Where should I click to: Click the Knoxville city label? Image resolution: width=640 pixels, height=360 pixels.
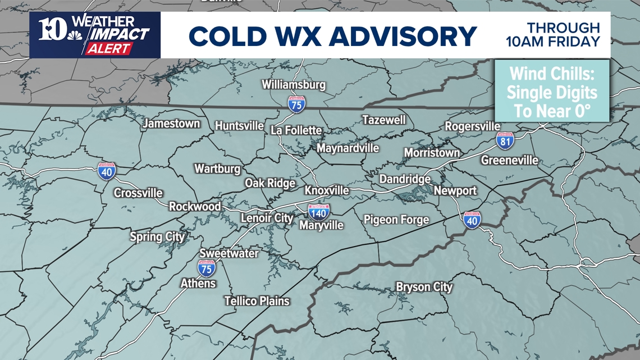coord(326,191)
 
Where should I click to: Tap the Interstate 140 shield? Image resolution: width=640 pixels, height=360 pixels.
coord(318,212)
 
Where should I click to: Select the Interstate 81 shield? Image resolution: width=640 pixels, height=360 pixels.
coord(505,140)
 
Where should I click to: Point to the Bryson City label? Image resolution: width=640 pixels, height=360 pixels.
coord(424,287)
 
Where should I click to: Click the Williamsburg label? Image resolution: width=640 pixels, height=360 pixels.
coord(294,85)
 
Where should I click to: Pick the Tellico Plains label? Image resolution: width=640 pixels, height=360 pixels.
coord(257,301)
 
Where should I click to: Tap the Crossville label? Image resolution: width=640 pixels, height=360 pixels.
coord(138,193)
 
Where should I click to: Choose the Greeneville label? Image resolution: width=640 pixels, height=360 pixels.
coord(509,161)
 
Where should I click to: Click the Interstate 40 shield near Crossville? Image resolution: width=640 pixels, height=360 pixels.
coord(107,171)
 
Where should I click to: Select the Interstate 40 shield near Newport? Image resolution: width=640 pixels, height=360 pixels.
coord(472,220)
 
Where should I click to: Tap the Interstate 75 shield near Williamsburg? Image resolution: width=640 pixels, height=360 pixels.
coord(296,104)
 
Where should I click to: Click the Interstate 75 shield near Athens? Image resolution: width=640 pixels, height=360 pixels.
coord(206,268)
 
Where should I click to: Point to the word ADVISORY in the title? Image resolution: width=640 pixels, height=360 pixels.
coord(402,37)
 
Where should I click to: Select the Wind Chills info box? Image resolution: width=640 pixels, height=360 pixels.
coord(552,92)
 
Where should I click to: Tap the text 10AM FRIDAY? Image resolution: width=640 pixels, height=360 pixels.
coord(552,42)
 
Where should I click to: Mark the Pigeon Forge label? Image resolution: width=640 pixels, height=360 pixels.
coord(396,220)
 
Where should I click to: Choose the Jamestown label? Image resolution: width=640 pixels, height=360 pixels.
coord(171,124)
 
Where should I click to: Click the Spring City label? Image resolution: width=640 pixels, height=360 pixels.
coord(157,236)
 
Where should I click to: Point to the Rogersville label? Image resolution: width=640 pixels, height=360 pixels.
coord(472,126)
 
